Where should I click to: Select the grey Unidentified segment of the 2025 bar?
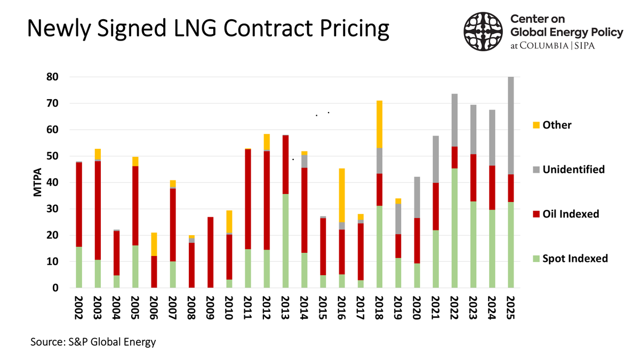510,125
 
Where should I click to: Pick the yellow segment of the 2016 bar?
341,195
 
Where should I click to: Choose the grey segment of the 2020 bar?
417,197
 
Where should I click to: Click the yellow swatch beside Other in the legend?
535,125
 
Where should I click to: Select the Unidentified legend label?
573,170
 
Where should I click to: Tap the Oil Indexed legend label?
571,214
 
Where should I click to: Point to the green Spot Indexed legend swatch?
535,259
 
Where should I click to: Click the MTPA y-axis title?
38,183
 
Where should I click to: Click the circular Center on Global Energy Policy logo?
482,30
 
